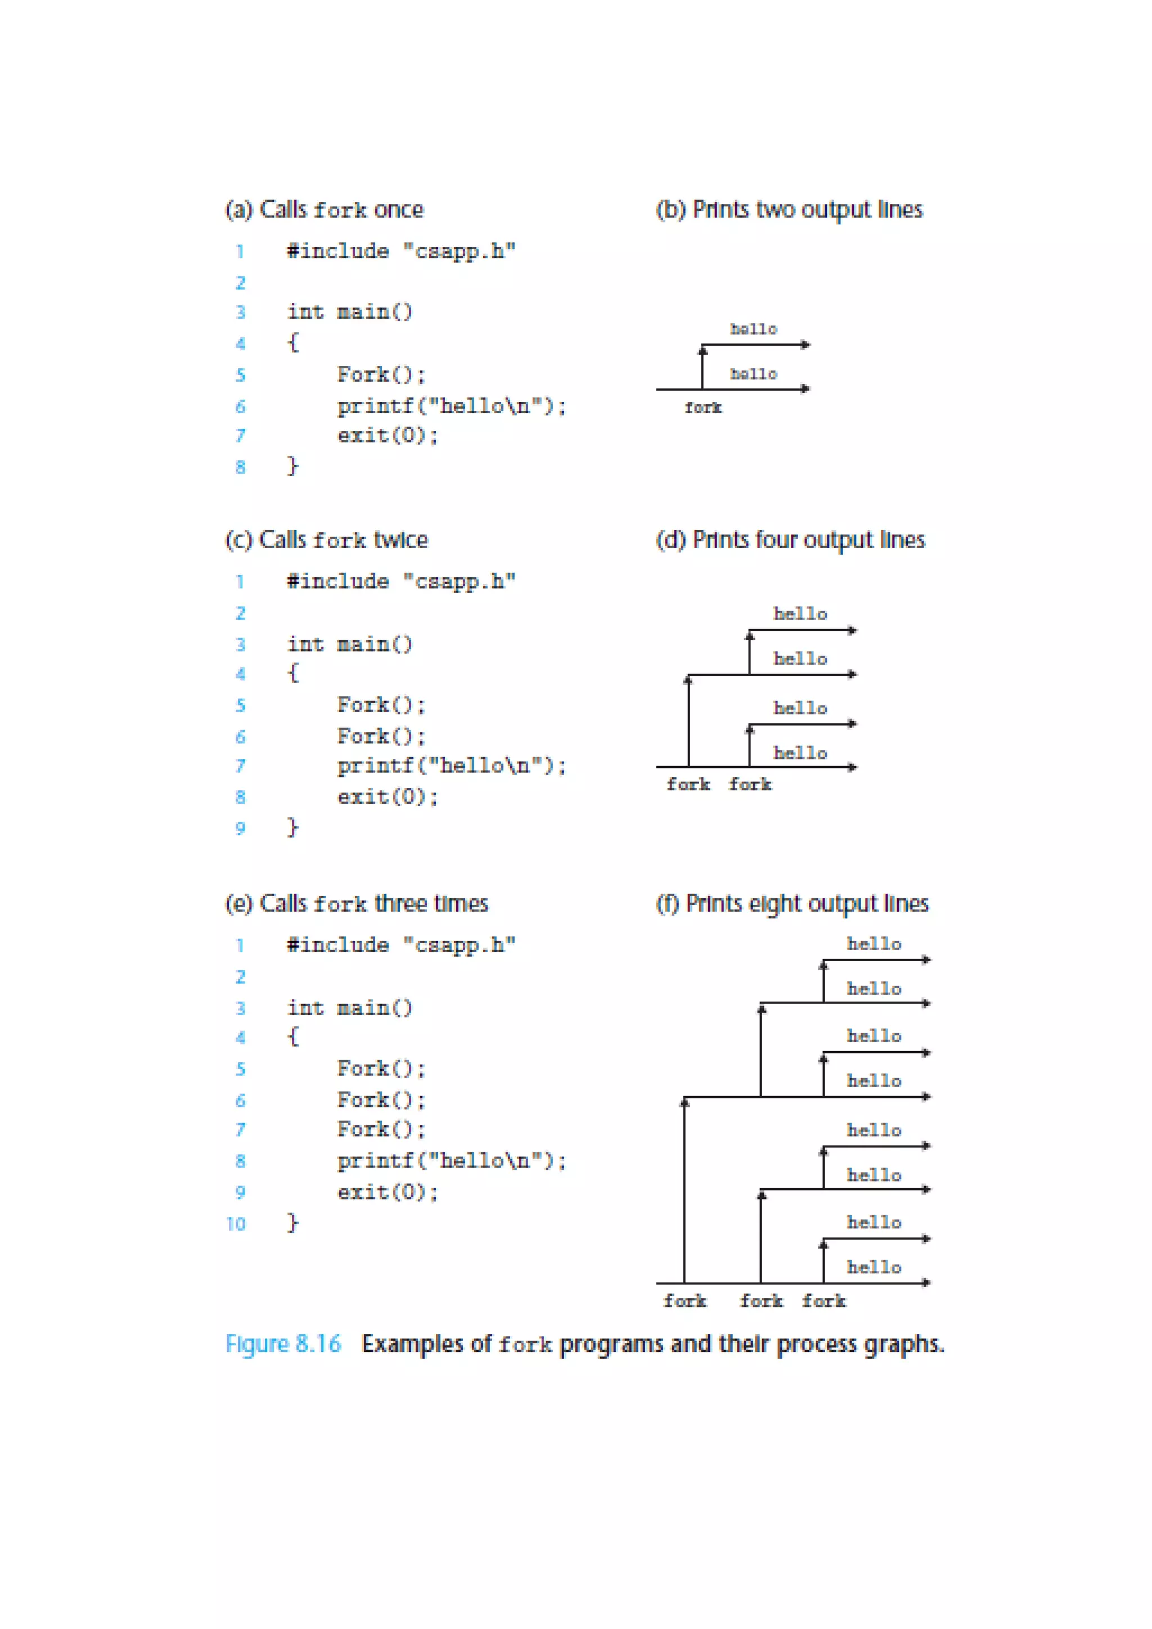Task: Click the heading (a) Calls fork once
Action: tap(325, 210)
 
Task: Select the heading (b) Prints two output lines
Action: tap(789, 210)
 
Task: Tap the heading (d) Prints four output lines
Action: tap(790, 541)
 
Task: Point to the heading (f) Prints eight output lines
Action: tap(791, 904)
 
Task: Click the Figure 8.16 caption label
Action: tap(283, 1344)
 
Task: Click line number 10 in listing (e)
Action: tap(236, 1224)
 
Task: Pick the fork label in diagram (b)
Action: tap(703, 408)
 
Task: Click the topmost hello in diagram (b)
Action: tap(754, 329)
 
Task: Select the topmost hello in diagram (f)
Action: tap(874, 944)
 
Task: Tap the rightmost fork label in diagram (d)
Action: tap(750, 785)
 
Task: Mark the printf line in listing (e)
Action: tap(452, 1161)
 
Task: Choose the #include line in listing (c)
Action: tap(401, 582)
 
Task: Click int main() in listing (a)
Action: tap(349, 312)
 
